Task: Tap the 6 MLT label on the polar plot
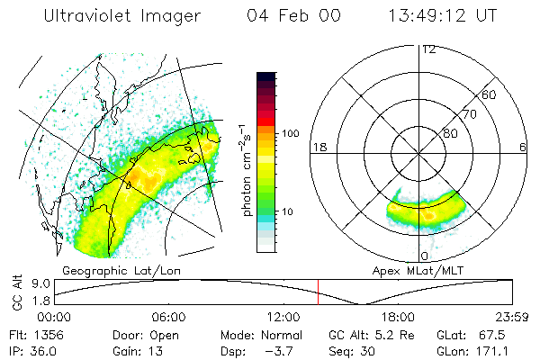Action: (x=523, y=148)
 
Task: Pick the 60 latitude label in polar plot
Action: (x=490, y=94)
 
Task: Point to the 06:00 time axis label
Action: (x=168, y=317)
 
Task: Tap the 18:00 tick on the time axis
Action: (x=397, y=317)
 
